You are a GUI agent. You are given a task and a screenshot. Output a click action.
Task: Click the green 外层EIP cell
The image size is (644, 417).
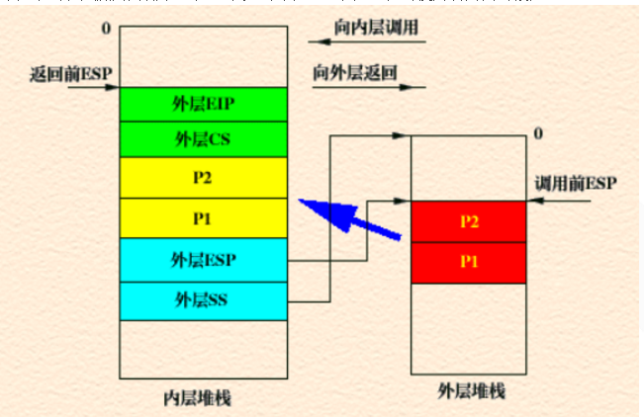point(204,105)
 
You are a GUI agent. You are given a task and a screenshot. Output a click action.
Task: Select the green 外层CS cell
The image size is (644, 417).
point(204,138)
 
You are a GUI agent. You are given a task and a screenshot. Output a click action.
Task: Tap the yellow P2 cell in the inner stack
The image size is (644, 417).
point(204,178)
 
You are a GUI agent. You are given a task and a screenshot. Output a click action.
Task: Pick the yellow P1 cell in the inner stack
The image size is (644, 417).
point(204,217)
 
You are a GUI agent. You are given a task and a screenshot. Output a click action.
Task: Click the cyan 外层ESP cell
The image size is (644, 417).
point(204,260)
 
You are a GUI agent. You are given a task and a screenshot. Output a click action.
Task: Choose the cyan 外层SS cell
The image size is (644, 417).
point(204,299)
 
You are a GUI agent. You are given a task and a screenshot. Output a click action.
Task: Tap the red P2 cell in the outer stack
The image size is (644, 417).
point(470,221)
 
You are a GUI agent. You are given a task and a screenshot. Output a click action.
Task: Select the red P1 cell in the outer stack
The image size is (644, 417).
point(470,260)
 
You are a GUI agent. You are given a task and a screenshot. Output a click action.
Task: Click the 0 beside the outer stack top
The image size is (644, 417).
point(537,132)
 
